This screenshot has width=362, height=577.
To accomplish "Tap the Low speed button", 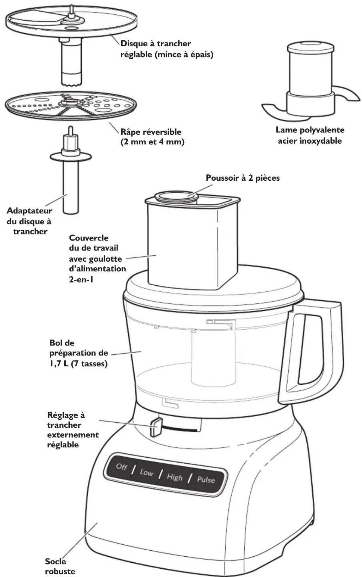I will click(x=146, y=472).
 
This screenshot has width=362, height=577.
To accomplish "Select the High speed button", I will click(x=175, y=477).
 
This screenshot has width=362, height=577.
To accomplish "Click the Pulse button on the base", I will click(x=206, y=480).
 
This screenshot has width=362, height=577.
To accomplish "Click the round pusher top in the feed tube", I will click(x=176, y=196).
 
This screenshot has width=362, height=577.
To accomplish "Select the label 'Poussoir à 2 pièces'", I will click(x=243, y=178).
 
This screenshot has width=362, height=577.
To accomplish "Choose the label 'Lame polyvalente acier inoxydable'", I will click(x=310, y=135).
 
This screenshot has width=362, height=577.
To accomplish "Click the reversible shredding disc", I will click(x=71, y=107).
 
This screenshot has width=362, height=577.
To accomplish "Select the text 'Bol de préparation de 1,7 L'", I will click(x=78, y=353).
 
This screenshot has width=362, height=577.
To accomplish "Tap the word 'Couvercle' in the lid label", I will click(x=89, y=238).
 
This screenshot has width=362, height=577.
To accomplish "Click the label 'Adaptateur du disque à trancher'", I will click(x=30, y=221).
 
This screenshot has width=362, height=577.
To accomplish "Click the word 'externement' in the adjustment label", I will click(x=73, y=435).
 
